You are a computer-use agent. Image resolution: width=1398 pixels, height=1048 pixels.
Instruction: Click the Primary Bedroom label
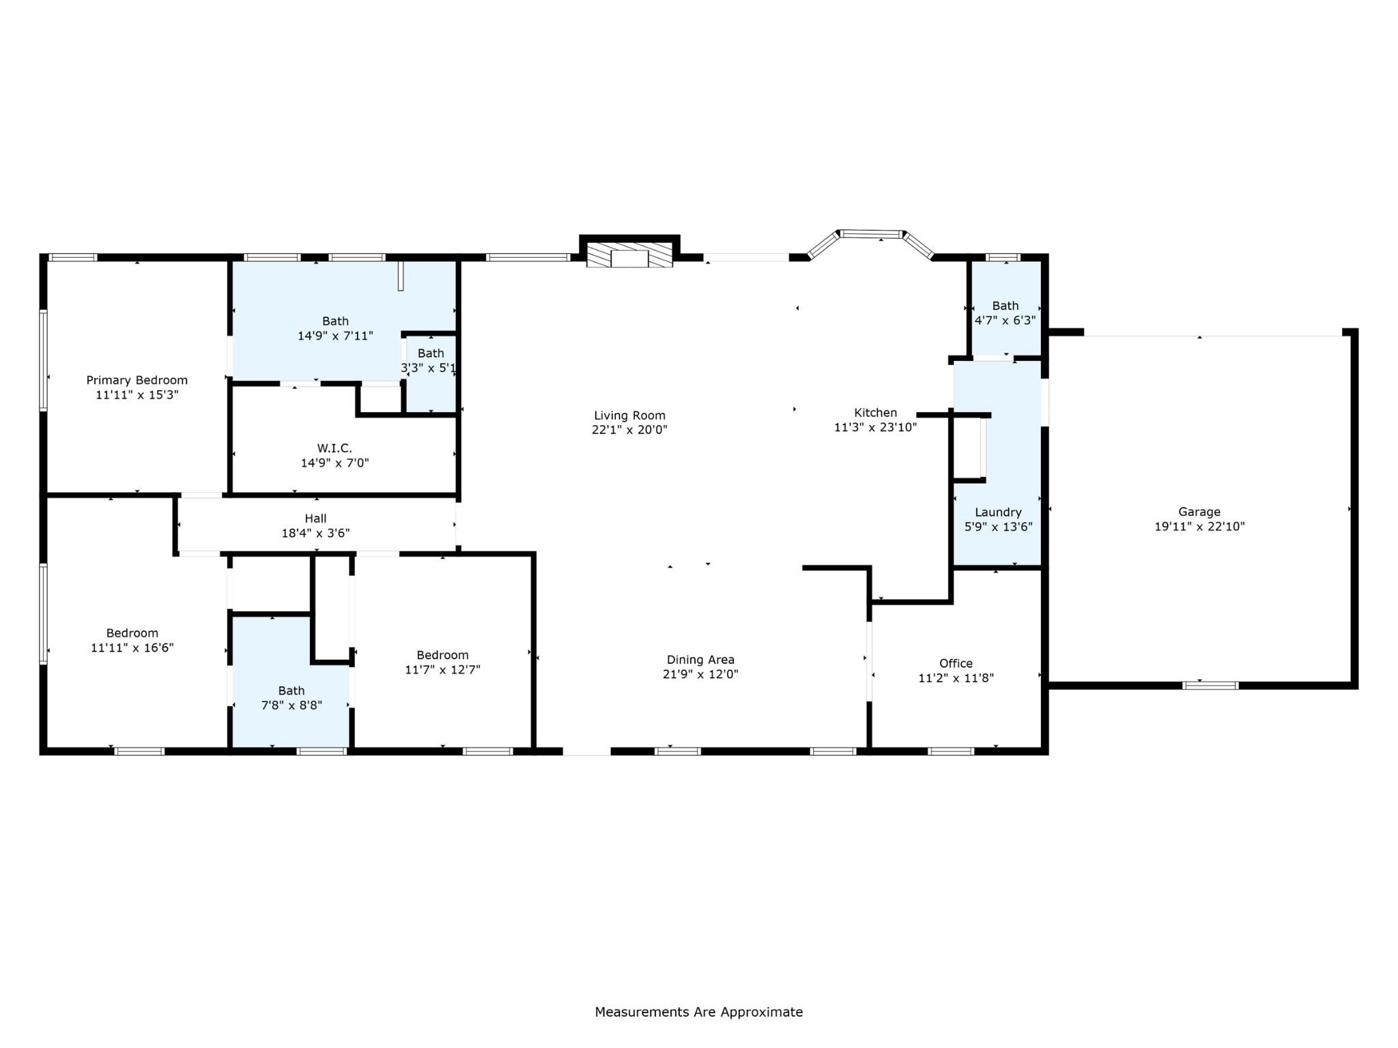tap(137, 380)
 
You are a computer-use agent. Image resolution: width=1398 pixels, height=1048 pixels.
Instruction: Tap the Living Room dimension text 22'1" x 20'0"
tap(629, 430)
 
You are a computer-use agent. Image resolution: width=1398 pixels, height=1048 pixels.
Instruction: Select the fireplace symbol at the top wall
tap(629, 258)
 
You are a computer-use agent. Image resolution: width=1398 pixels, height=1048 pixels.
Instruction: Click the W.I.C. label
tap(334, 448)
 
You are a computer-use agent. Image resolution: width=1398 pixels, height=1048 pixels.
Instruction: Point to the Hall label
tap(315, 519)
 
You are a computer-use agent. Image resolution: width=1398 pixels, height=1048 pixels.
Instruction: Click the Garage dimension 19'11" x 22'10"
tap(1199, 527)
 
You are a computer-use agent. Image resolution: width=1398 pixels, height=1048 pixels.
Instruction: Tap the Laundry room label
tap(998, 512)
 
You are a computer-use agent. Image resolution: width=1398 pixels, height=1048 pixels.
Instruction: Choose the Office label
tap(956, 663)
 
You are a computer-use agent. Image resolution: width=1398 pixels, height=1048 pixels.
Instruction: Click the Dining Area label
tap(700, 660)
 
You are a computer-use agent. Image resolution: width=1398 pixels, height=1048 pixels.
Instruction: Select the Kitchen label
tap(875, 413)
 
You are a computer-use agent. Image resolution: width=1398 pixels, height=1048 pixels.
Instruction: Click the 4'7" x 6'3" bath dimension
tap(1005, 320)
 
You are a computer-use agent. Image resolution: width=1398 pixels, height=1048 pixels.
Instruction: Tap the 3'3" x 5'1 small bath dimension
tap(429, 368)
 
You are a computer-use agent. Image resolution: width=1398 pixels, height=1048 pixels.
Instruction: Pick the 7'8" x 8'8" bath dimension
tap(291, 705)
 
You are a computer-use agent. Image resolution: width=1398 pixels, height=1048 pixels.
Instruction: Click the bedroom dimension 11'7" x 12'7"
tap(442, 670)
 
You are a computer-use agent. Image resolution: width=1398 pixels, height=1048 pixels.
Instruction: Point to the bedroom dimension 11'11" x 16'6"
tap(132, 647)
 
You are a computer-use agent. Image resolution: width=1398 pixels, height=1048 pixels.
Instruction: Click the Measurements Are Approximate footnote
tap(698, 1013)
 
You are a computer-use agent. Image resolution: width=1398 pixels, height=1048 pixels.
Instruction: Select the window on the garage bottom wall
tap(1210, 685)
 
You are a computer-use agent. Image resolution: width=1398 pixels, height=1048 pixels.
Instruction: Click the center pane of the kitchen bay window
tap(871, 234)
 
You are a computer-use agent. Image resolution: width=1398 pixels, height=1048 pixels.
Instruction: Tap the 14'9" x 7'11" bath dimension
tap(335, 336)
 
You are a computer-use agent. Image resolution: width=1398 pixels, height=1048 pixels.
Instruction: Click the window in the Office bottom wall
tap(951, 751)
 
